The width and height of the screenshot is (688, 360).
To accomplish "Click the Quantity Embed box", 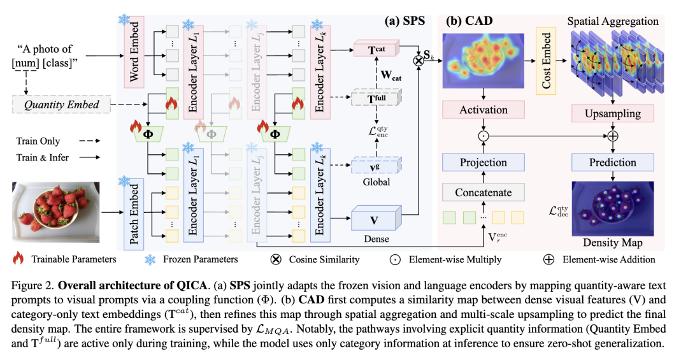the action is tap(61, 104).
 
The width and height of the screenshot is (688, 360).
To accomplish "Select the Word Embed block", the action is tap(134, 52).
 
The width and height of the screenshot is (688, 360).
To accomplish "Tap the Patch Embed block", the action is tap(134, 214).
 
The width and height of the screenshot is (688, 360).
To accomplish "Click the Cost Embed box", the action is tap(546, 61).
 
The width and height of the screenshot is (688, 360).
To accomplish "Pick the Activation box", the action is tap(483, 110).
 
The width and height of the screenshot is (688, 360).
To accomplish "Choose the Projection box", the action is tap(483, 162).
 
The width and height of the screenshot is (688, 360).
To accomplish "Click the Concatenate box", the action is tap(483, 192).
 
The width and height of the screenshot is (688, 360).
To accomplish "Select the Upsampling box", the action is tap(613, 113).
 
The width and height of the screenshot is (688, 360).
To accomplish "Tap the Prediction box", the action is tap(613, 162).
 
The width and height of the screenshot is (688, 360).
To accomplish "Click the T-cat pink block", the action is tap(376, 48).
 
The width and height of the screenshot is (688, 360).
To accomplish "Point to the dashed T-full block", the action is tap(376, 97).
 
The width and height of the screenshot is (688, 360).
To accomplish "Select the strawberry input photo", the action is tap(55, 212).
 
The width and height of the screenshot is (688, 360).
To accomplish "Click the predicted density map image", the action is tap(613, 209).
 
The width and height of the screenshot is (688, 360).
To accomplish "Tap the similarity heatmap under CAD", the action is tap(483, 61).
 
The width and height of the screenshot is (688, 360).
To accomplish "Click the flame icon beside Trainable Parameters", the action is tap(18, 258).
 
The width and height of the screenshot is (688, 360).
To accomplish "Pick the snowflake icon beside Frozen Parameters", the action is tap(150, 259).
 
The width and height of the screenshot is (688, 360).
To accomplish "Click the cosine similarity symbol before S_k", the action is tap(419, 60).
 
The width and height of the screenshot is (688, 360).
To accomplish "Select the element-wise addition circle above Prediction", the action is tap(613, 136).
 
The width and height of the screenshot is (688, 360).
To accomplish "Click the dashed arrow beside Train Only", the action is tap(90, 141).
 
